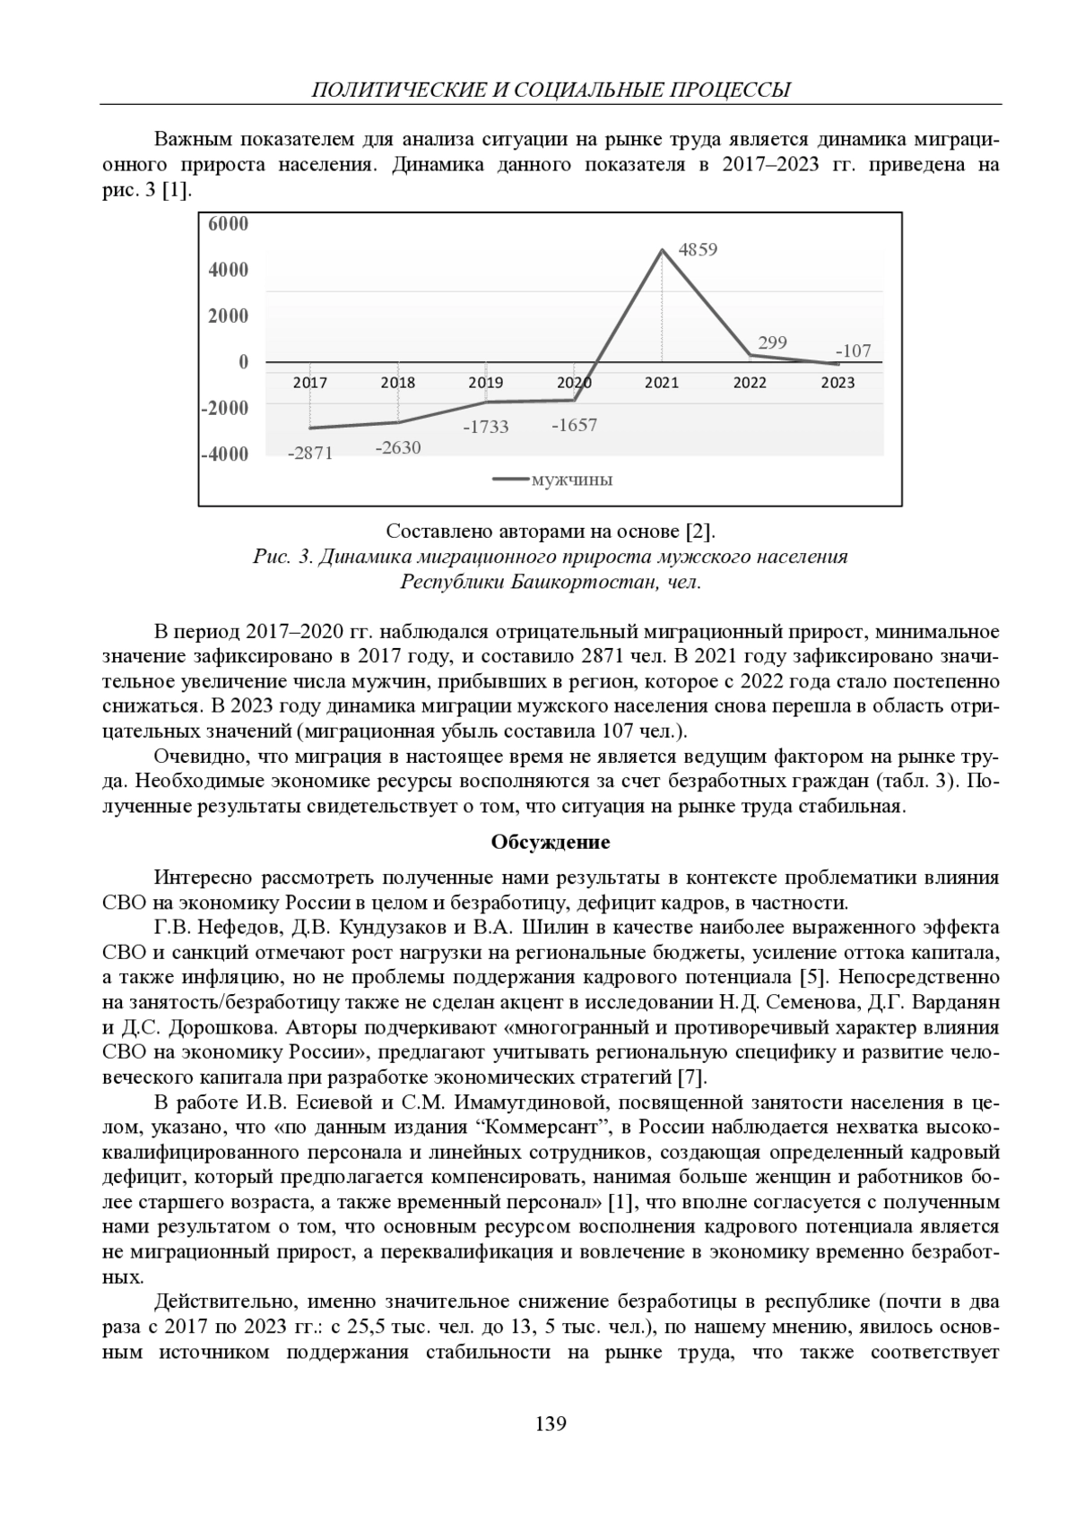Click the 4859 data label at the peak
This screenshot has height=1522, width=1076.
click(x=698, y=250)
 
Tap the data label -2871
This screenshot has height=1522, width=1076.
click(x=309, y=454)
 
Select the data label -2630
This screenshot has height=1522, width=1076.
click(x=398, y=447)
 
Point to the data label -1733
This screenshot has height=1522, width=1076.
click(x=485, y=428)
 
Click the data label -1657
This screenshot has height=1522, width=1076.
click(x=574, y=425)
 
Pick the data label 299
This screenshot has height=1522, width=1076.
click(x=772, y=342)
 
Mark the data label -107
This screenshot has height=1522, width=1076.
click(x=853, y=351)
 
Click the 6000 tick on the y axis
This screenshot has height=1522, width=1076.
click(x=228, y=224)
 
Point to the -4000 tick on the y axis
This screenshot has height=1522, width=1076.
click(x=224, y=454)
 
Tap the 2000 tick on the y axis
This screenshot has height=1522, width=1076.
click(x=228, y=316)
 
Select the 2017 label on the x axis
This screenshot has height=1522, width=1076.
click(x=310, y=383)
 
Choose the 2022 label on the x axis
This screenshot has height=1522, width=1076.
click(x=750, y=383)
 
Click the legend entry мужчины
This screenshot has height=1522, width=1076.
click(x=571, y=480)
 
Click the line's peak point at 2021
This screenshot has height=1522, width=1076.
click(x=662, y=249)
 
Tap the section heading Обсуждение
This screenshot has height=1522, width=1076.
click(x=551, y=843)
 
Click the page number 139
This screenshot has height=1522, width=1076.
click(x=550, y=1423)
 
